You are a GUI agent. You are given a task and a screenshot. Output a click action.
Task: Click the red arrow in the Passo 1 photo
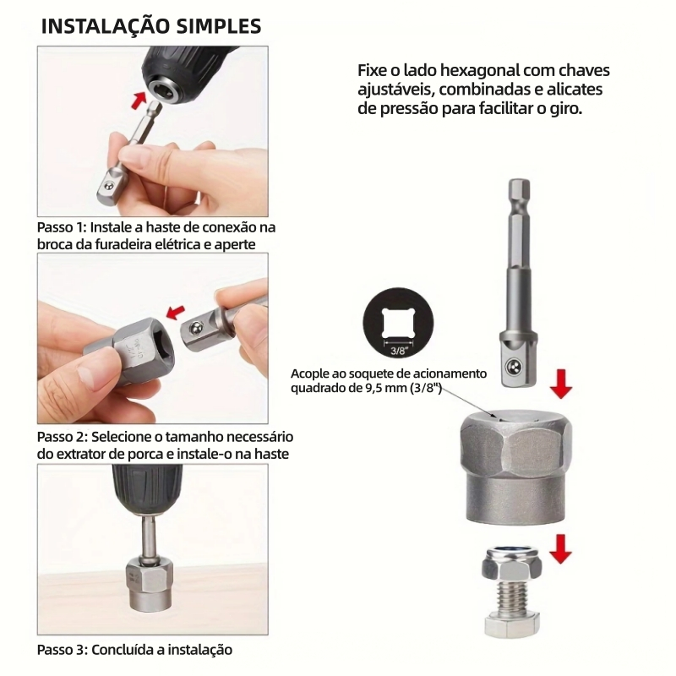tap(138, 100)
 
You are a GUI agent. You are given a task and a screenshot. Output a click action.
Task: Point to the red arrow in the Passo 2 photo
tap(176, 312)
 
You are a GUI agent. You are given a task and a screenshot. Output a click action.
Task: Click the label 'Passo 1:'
tap(62, 227)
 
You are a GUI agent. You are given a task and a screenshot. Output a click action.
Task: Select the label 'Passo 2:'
tap(63, 437)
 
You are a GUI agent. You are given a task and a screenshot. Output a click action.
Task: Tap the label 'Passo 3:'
tap(63, 650)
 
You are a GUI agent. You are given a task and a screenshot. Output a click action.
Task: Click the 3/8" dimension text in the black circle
tap(399, 351)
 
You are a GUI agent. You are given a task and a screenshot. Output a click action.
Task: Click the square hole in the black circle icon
tap(398, 324)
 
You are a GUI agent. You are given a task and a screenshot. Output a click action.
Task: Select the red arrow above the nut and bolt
tap(560, 548)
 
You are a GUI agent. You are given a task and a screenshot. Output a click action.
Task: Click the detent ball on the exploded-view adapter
tap(513, 367)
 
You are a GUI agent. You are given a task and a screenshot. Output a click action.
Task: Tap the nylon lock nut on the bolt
tap(512, 563)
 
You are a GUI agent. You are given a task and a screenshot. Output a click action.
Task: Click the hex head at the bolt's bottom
tap(512, 626)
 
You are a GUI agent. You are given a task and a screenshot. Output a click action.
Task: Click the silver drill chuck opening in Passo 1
tap(162, 86)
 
